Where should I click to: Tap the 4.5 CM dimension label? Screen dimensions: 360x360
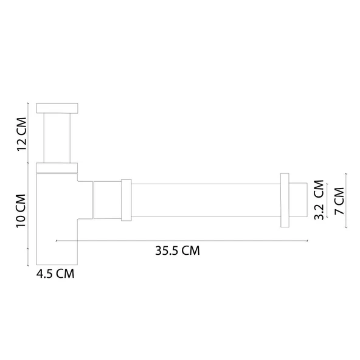pos(55,274)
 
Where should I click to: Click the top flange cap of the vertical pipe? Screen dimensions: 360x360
pos(58,108)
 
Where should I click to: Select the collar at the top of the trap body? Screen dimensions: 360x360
pos(58,167)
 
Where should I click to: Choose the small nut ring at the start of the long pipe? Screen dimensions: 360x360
pos(126,200)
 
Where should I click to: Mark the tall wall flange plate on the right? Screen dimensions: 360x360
pos(284,200)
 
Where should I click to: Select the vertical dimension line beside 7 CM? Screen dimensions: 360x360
pos(348,201)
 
